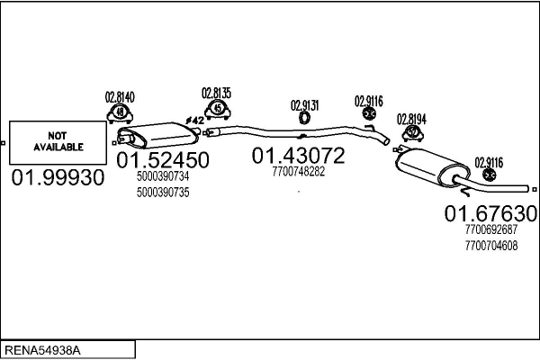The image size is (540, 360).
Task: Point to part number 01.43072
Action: pyautogui.click(x=298, y=156)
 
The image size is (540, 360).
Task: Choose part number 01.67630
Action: pyautogui.click(x=490, y=213)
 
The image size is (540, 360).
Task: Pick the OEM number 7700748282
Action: pyautogui.click(x=298, y=171)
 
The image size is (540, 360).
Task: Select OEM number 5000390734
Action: pyautogui.click(x=163, y=176)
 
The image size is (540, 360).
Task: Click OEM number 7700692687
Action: pyautogui.click(x=493, y=229)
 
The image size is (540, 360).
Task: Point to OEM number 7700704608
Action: pyautogui.click(x=493, y=244)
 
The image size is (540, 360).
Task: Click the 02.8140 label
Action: pyautogui.click(x=119, y=96)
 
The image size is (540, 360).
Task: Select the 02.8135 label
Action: pyautogui.click(x=216, y=92)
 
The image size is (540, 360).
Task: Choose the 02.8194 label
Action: pyautogui.click(x=412, y=117)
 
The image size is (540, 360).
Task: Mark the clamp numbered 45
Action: pyautogui.click(x=216, y=110)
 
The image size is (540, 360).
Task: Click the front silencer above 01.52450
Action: pyautogui.click(x=162, y=133)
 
